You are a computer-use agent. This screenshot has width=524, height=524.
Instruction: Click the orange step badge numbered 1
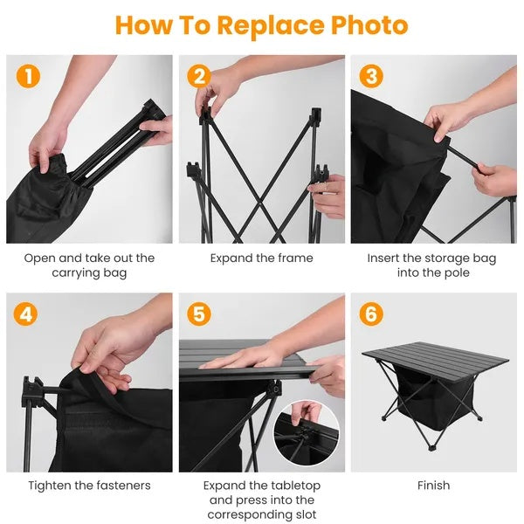coord(28,76)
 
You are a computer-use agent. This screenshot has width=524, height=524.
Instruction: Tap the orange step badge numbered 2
coord(200,76)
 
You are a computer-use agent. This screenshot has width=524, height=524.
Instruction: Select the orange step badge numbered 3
coord(371,76)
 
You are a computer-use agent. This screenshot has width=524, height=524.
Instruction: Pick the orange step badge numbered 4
coord(28,314)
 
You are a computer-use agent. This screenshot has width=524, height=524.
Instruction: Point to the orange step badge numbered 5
coord(200,314)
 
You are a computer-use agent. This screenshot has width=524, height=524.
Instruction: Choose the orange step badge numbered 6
coord(371,314)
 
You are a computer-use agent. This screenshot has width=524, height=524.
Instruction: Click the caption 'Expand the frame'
coord(261,258)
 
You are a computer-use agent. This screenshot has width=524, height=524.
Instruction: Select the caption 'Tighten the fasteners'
coord(89,485)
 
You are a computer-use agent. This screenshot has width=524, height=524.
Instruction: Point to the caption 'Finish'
coord(433,485)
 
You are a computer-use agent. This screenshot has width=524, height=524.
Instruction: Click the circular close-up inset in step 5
coord(307,434)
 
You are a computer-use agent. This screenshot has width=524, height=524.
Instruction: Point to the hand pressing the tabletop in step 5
coord(243,355)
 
